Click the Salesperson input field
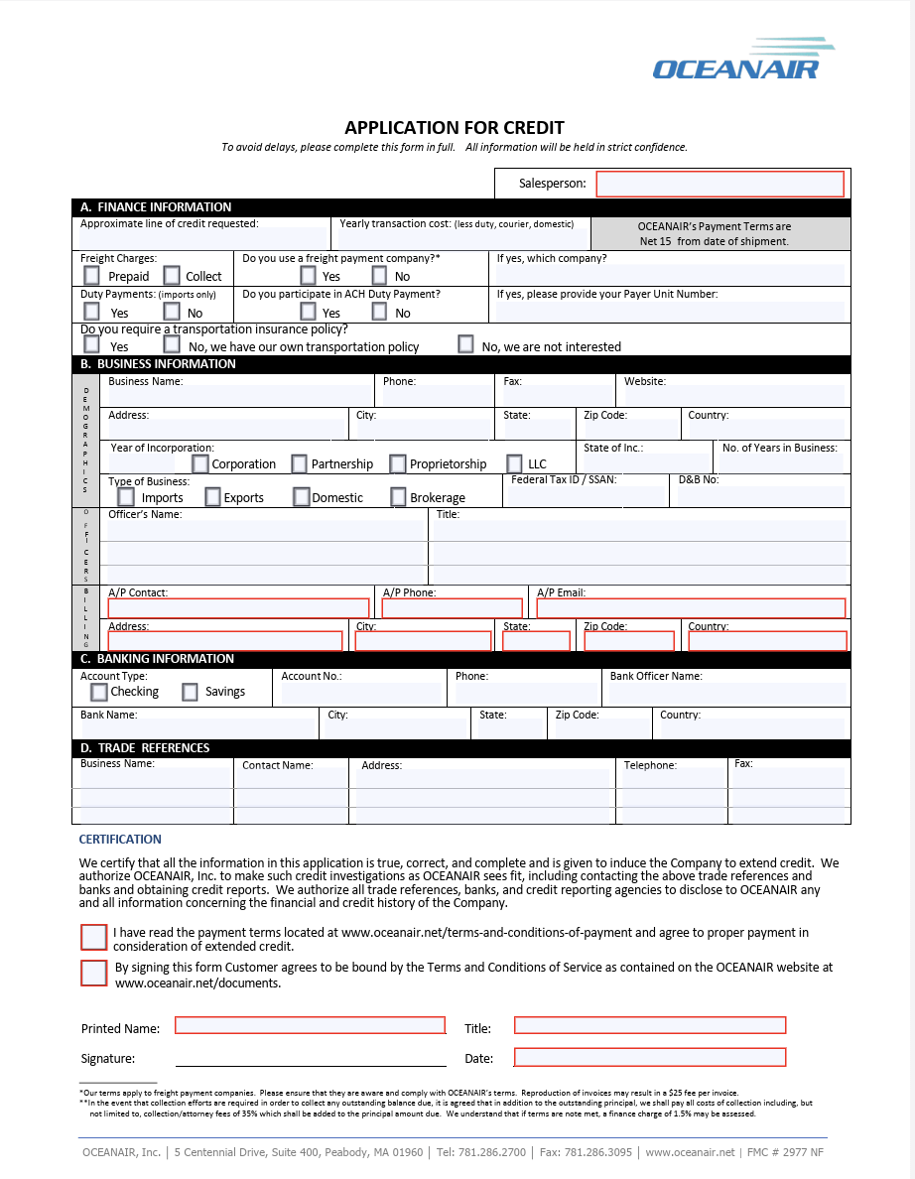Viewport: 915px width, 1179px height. point(719,184)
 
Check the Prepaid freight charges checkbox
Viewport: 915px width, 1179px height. point(92,275)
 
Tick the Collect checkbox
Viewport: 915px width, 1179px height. point(172,275)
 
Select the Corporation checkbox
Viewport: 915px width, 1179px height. point(200,463)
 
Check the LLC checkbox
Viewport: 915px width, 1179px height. point(514,463)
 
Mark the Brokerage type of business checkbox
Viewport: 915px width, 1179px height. point(398,496)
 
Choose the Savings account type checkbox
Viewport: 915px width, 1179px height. point(191,692)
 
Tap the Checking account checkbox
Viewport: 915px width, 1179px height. point(99,692)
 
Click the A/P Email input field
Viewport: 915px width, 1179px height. point(691,608)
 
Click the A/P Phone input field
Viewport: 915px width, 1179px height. point(452,608)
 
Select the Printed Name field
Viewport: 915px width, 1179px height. point(310,1025)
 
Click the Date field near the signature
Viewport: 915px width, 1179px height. point(650,1057)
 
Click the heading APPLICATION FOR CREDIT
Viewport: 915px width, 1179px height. point(455,128)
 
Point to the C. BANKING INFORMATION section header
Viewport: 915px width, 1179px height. point(157,659)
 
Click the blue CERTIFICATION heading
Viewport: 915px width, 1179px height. point(120,840)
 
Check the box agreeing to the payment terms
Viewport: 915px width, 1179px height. point(94,937)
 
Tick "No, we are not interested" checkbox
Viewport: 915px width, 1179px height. point(465,344)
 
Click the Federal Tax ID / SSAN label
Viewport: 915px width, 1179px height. point(564,479)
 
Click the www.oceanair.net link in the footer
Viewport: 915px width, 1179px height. point(690,1152)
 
